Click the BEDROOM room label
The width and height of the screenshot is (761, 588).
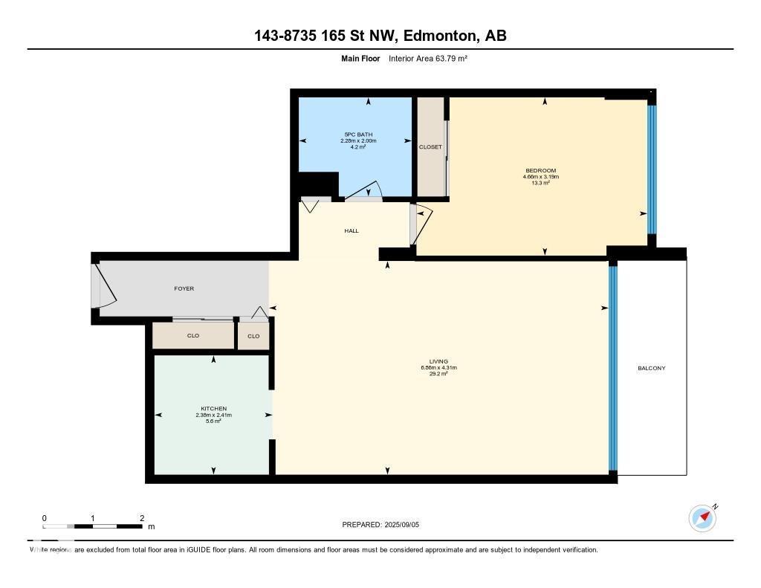tap(540, 171)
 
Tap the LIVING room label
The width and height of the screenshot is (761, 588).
tap(438, 362)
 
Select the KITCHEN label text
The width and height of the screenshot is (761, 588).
tap(213, 409)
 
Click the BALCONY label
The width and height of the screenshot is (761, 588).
tap(652, 368)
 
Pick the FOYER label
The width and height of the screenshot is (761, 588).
tap(184, 288)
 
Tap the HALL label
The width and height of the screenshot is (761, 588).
tap(352, 230)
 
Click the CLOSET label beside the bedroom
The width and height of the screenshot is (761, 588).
tap(430, 147)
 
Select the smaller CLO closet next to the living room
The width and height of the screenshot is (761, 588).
tap(253, 336)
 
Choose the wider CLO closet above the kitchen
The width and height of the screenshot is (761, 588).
tap(193, 336)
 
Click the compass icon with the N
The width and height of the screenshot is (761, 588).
tap(702, 517)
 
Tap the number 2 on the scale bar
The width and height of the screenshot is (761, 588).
tap(141, 518)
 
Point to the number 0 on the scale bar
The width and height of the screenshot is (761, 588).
tap(45, 518)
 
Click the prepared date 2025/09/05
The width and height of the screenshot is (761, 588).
tap(406, 525)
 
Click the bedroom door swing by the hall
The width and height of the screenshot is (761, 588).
tap(421, 223)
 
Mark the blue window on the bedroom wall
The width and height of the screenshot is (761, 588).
tap(652, 169)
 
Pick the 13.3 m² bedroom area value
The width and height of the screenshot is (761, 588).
tap(540, 183)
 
